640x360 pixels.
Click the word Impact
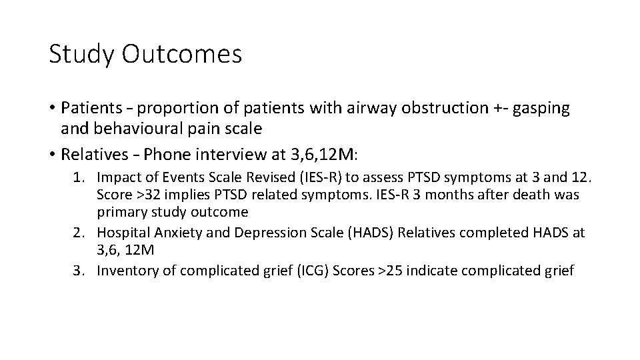[116, 177]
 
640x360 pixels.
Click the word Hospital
[120, 232]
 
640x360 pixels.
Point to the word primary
[117, 212]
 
